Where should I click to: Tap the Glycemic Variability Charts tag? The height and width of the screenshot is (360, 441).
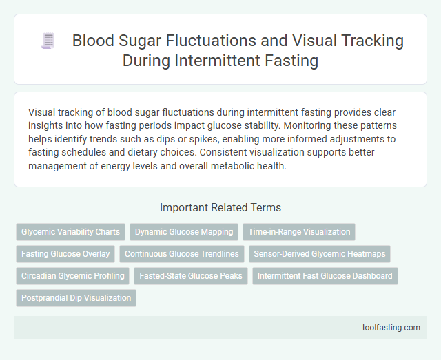coord(70,232)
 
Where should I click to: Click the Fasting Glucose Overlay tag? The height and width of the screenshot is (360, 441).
coord(65,254)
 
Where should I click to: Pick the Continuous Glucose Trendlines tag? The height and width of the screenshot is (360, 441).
coord(182,254)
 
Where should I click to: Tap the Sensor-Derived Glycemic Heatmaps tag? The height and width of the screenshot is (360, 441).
coord(319,254)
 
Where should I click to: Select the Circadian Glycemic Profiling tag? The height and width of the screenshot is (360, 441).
coord(73,276)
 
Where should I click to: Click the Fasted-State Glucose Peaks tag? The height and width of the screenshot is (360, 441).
coord(190,276)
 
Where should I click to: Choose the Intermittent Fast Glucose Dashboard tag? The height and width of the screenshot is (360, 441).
coord(325,276)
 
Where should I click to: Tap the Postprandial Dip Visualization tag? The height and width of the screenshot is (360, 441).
coord(76,298)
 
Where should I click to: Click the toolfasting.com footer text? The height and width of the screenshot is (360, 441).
coord(391,327)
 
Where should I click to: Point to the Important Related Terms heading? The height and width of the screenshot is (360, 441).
coord(220,207)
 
